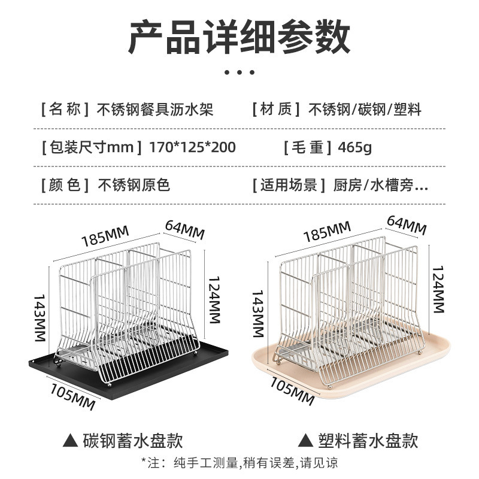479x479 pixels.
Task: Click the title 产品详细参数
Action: tap(239, 37)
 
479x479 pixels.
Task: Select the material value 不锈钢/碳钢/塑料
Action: tap(365, 110)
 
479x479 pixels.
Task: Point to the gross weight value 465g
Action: tap(354, 147)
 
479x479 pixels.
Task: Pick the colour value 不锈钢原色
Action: tap(134, 184)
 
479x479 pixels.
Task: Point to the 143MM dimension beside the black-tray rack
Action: tap(39, 317)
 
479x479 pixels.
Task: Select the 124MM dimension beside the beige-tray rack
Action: tap(439, 290)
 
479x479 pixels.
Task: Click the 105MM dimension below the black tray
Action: tap(72, 396)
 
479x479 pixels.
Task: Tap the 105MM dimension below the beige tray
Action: tap(292, 390)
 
